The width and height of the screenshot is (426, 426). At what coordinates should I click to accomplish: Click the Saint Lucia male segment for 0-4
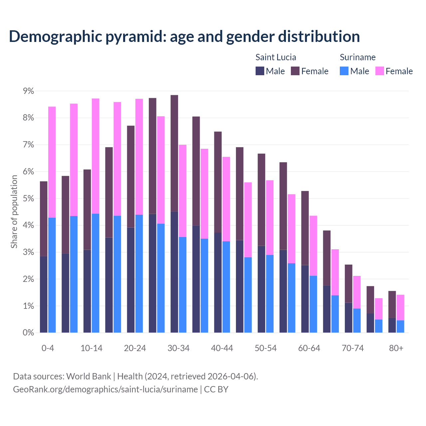[44, 294]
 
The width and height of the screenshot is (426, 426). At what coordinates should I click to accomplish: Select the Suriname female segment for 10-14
[96, 156]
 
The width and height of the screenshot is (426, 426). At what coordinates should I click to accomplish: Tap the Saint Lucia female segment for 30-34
[174, 153]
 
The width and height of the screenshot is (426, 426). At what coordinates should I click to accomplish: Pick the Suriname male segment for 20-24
[139, 274]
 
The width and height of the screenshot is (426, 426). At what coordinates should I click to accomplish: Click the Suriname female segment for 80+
[400, 308]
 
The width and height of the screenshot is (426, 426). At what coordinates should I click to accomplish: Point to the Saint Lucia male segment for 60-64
[305, 299]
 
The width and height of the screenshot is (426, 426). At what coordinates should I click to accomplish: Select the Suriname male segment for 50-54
[270, 294]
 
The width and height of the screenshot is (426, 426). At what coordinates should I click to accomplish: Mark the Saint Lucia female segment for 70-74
[348, 284]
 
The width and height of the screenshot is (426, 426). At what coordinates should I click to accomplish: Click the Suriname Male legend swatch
[344, 71]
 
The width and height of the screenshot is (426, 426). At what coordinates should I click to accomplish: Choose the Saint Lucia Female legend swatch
[295, 71]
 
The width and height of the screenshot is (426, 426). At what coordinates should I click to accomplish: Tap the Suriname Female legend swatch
[379, 71]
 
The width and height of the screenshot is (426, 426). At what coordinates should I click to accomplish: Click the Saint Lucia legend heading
[276, 57]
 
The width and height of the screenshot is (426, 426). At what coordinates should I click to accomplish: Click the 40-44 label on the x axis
[222, 348]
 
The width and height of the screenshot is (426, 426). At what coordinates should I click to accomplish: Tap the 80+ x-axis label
[396, 348]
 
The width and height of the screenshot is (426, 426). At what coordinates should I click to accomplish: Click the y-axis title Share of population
[14, 212]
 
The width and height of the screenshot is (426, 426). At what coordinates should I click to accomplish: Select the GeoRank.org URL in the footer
[105, 389]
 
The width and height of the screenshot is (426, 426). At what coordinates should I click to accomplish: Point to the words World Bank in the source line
[89, 376]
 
